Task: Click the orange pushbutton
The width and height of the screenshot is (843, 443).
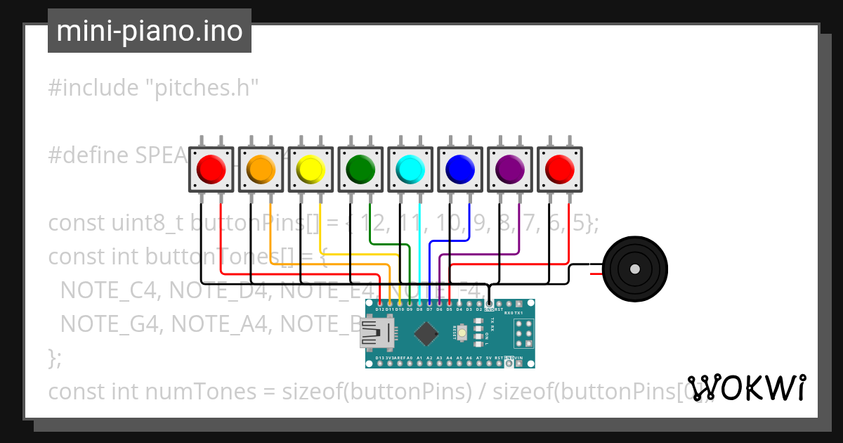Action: (261, 169)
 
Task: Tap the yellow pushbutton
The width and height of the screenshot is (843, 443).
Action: (311, 169)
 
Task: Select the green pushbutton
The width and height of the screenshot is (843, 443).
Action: (360, 169)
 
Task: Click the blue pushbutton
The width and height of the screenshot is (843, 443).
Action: (460, 169)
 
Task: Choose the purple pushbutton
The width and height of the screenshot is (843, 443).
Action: (510, 169)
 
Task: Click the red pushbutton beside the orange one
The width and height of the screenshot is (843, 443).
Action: (211, 169)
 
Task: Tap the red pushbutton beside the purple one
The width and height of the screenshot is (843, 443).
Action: (560, 169)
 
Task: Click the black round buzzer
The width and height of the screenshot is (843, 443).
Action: (635, 269)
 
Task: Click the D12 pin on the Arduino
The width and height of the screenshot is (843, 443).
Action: (379, 304)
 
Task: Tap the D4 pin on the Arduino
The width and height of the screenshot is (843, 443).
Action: (459, 304)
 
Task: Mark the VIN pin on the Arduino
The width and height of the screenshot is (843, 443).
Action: (518, 364)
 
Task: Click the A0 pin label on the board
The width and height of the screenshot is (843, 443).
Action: (409, 359)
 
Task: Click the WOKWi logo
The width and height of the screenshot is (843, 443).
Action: (746, 387)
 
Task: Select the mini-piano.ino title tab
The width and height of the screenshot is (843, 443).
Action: (149, 31)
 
